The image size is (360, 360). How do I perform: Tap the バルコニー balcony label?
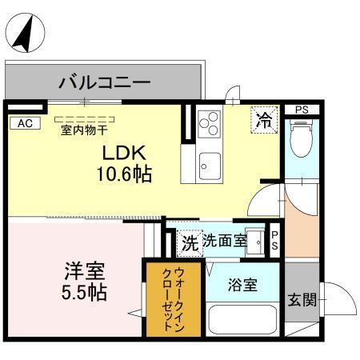click(104, 82)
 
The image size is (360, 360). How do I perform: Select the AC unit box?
click(24, 122)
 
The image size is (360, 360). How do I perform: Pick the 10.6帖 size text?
click(126, 173)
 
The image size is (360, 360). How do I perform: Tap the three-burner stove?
click(210, 122)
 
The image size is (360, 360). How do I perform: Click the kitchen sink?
click(210, 165)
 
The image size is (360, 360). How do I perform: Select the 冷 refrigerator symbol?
click(262, 121)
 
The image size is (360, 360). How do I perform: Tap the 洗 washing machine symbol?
click(189, 240)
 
